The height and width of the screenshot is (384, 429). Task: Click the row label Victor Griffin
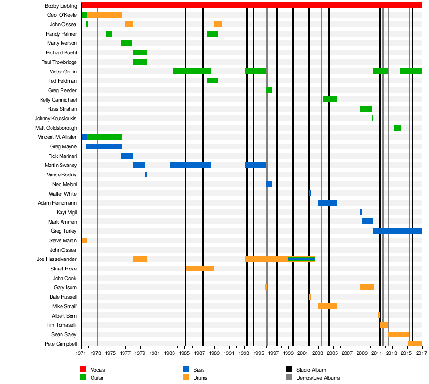tap(63, 72)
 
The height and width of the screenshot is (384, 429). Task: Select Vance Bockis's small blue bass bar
tap(146, 175)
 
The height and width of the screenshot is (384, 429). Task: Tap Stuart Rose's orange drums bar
tap(200, 269)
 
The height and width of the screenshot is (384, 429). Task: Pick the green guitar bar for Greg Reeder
tap(269, 90)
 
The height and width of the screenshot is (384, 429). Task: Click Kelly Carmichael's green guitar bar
tap(329, 99)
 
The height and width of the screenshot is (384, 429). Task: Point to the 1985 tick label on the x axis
tap(185, 353)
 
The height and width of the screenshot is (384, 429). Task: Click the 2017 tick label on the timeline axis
tap(421, 353)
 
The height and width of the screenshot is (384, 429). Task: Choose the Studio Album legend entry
tap(311, 370)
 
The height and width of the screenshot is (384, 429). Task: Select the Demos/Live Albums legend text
tap(318, 378)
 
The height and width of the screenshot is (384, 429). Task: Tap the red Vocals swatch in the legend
tap(82, 370)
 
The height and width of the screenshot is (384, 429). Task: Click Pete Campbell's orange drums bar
tap(415, 343)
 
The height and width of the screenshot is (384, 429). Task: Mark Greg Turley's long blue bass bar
tap(397, 231)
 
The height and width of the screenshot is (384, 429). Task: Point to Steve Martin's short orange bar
tap(84, 240)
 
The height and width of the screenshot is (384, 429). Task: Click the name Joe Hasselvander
tap(56, 259)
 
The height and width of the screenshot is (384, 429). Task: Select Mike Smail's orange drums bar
tap(327, 306)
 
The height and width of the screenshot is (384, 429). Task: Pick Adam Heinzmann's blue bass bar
tap(327, 203)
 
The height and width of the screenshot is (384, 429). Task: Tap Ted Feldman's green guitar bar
tap(212, 81)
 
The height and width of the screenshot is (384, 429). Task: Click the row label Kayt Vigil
tap(66, 212)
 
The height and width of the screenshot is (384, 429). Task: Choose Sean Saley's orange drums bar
tap(398, 334)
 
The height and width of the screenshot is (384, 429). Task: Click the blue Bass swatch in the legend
tap(186, 370)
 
